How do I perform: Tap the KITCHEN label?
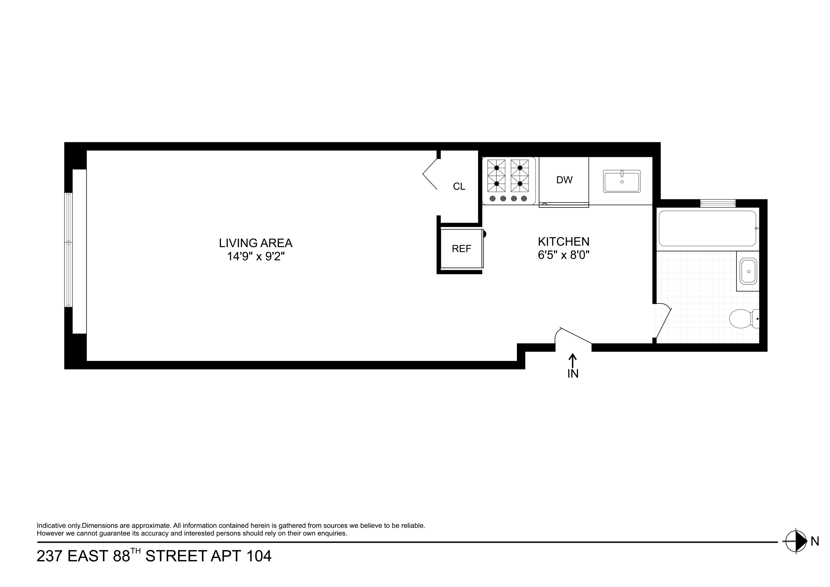point(563,241)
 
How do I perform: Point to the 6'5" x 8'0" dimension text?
point(563,255)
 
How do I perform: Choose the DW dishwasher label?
point(564,180)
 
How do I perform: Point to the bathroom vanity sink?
point(748,271)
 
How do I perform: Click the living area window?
point(68,249)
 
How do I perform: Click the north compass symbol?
point(796,541)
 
